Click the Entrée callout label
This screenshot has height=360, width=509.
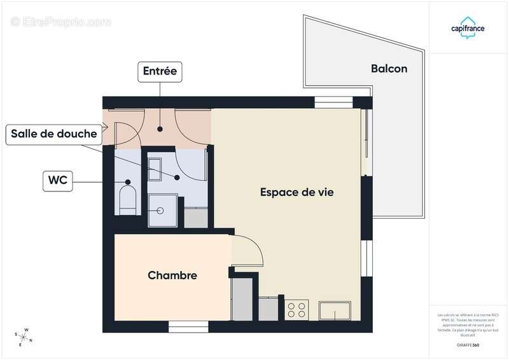(x=160, y=71)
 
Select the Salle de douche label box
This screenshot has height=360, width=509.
(x=53, y=134)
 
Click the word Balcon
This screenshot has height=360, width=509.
(x=389, y=69)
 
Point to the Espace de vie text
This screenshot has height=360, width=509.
(x=297, y=191)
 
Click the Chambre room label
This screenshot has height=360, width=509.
(x=172, y=275)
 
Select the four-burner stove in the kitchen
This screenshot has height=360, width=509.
(x=296, y=310)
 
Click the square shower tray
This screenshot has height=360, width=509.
(x=163, y=210)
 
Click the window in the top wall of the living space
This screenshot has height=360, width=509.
(x=333, y=101)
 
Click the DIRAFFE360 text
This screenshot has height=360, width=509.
(x=468, y=344)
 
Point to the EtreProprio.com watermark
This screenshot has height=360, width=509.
(x=60, y=22)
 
